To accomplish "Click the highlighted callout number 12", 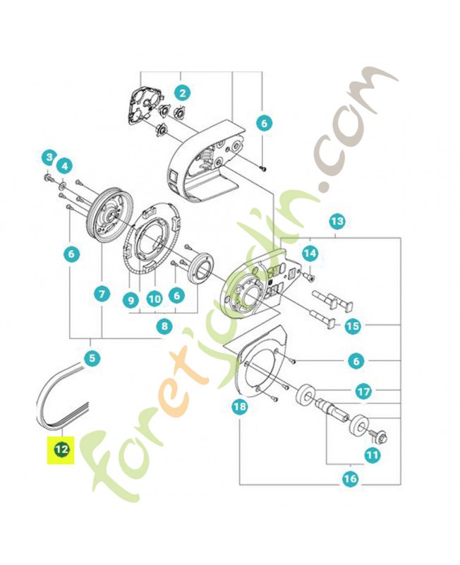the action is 61,450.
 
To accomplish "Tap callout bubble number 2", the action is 183,93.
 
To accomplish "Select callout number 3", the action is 49,157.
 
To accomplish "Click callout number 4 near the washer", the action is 65,166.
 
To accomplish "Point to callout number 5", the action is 92,358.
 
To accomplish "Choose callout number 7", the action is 102,294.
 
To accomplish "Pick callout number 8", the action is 164,326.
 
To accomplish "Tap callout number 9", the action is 131,299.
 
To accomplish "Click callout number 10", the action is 155,299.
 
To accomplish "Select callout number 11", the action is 373,455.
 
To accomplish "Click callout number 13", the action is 337,221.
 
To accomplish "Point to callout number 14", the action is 310,254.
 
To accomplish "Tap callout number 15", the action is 352,326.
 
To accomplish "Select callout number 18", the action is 240,407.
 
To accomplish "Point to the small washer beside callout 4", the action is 62,186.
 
